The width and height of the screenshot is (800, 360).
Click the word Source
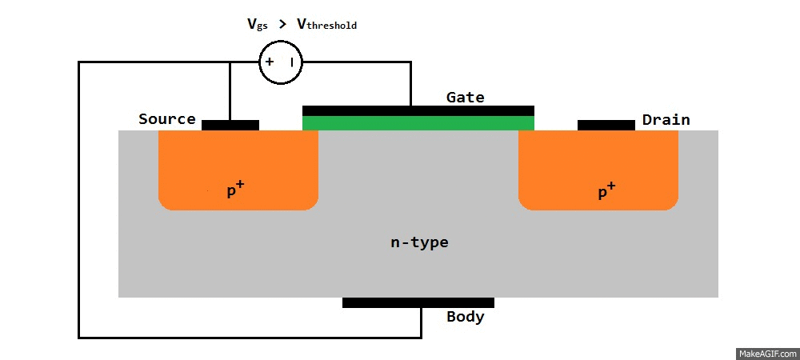coord(166,119)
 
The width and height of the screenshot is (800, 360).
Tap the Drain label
coord(666,120)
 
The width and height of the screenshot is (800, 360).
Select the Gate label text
coord(465,97)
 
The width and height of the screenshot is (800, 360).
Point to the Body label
coord(465,316)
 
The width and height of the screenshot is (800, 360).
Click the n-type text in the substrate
coord(419,242)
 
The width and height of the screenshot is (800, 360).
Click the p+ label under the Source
coord(234,190)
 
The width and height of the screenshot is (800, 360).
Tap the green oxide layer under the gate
coord(418,123)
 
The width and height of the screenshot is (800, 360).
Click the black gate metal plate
coord(418,110)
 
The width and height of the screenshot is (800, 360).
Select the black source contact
coord(230,125)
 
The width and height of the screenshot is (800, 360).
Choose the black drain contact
coord(606,125)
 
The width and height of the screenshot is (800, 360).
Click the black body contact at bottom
coord(418,302)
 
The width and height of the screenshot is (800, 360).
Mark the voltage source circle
coord(282,62)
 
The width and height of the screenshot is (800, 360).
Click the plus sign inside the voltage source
coord(270,62)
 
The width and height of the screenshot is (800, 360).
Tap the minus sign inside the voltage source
coord(293,62)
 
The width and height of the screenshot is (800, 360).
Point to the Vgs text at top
coord(257,24)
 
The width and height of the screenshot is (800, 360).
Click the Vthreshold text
coord(326,25)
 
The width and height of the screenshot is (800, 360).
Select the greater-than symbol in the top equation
coord(282,24)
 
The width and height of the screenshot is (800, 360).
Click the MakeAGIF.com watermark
coord(766,353)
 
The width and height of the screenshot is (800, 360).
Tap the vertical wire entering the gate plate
coord(410,84)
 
